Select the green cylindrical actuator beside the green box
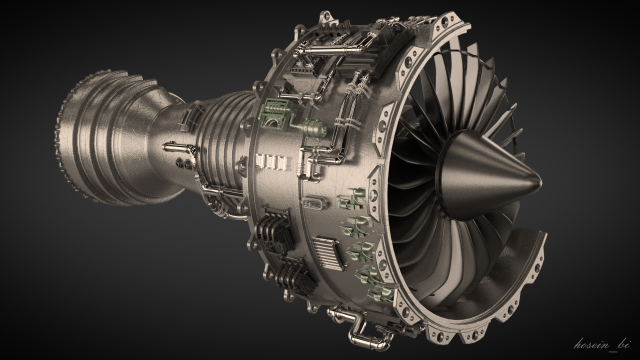[x=313, y=129]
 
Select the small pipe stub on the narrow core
[x=180, y=159]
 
